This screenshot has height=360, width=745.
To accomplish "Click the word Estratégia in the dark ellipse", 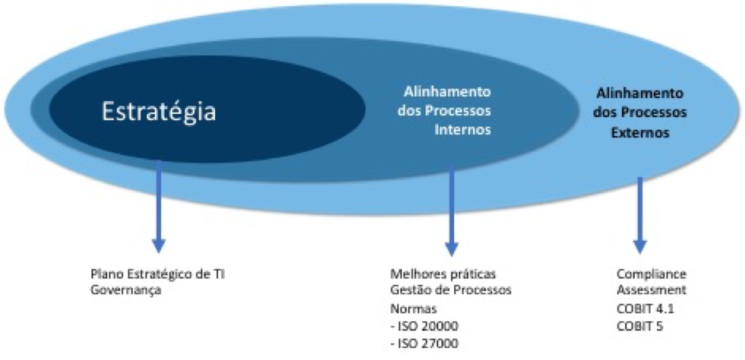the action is coord(159,112).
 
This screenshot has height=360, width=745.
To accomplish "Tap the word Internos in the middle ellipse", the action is coord(462,130).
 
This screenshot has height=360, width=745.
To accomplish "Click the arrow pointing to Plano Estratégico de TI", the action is coord(158,206).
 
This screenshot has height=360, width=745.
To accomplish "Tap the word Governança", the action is coord(125,290).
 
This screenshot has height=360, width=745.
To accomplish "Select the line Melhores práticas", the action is coord(443,275).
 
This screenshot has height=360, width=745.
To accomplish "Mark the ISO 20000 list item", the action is coord(425,327).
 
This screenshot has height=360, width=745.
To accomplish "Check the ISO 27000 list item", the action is coord(425,343).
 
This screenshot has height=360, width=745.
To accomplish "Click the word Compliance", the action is coord(652,275).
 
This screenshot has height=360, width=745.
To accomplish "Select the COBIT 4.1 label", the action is coord(646,308).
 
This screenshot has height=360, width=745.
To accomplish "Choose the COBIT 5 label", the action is coord(639,327).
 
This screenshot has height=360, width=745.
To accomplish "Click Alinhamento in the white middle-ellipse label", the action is coord(447,92).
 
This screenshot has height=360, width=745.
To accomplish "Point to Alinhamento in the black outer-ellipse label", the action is coord(639,93).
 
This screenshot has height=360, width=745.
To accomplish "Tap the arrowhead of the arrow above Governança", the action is coord(158,246).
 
